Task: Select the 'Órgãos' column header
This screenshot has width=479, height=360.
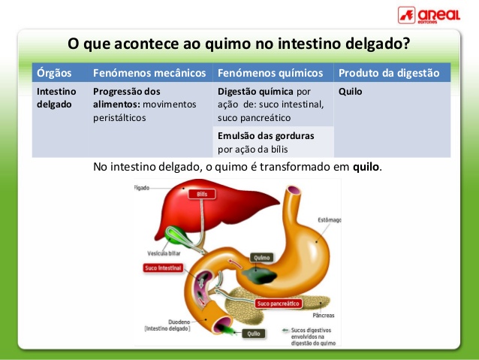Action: [x=53, y=73]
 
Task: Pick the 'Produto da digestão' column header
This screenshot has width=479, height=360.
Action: [x=388, y=73]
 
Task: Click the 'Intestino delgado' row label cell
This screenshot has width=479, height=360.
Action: [x=59, y=98]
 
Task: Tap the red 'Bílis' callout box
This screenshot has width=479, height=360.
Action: [x=200, y=194]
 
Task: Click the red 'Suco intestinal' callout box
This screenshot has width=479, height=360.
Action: [x=164, y=268]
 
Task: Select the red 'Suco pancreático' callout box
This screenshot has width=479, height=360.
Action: [x=278, y=304]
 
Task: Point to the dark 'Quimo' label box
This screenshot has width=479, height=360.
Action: [x=261, y=258]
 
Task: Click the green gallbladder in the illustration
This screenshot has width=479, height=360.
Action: [x=178, y=235]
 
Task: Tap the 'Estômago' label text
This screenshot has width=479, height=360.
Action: [x=328, y=220]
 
